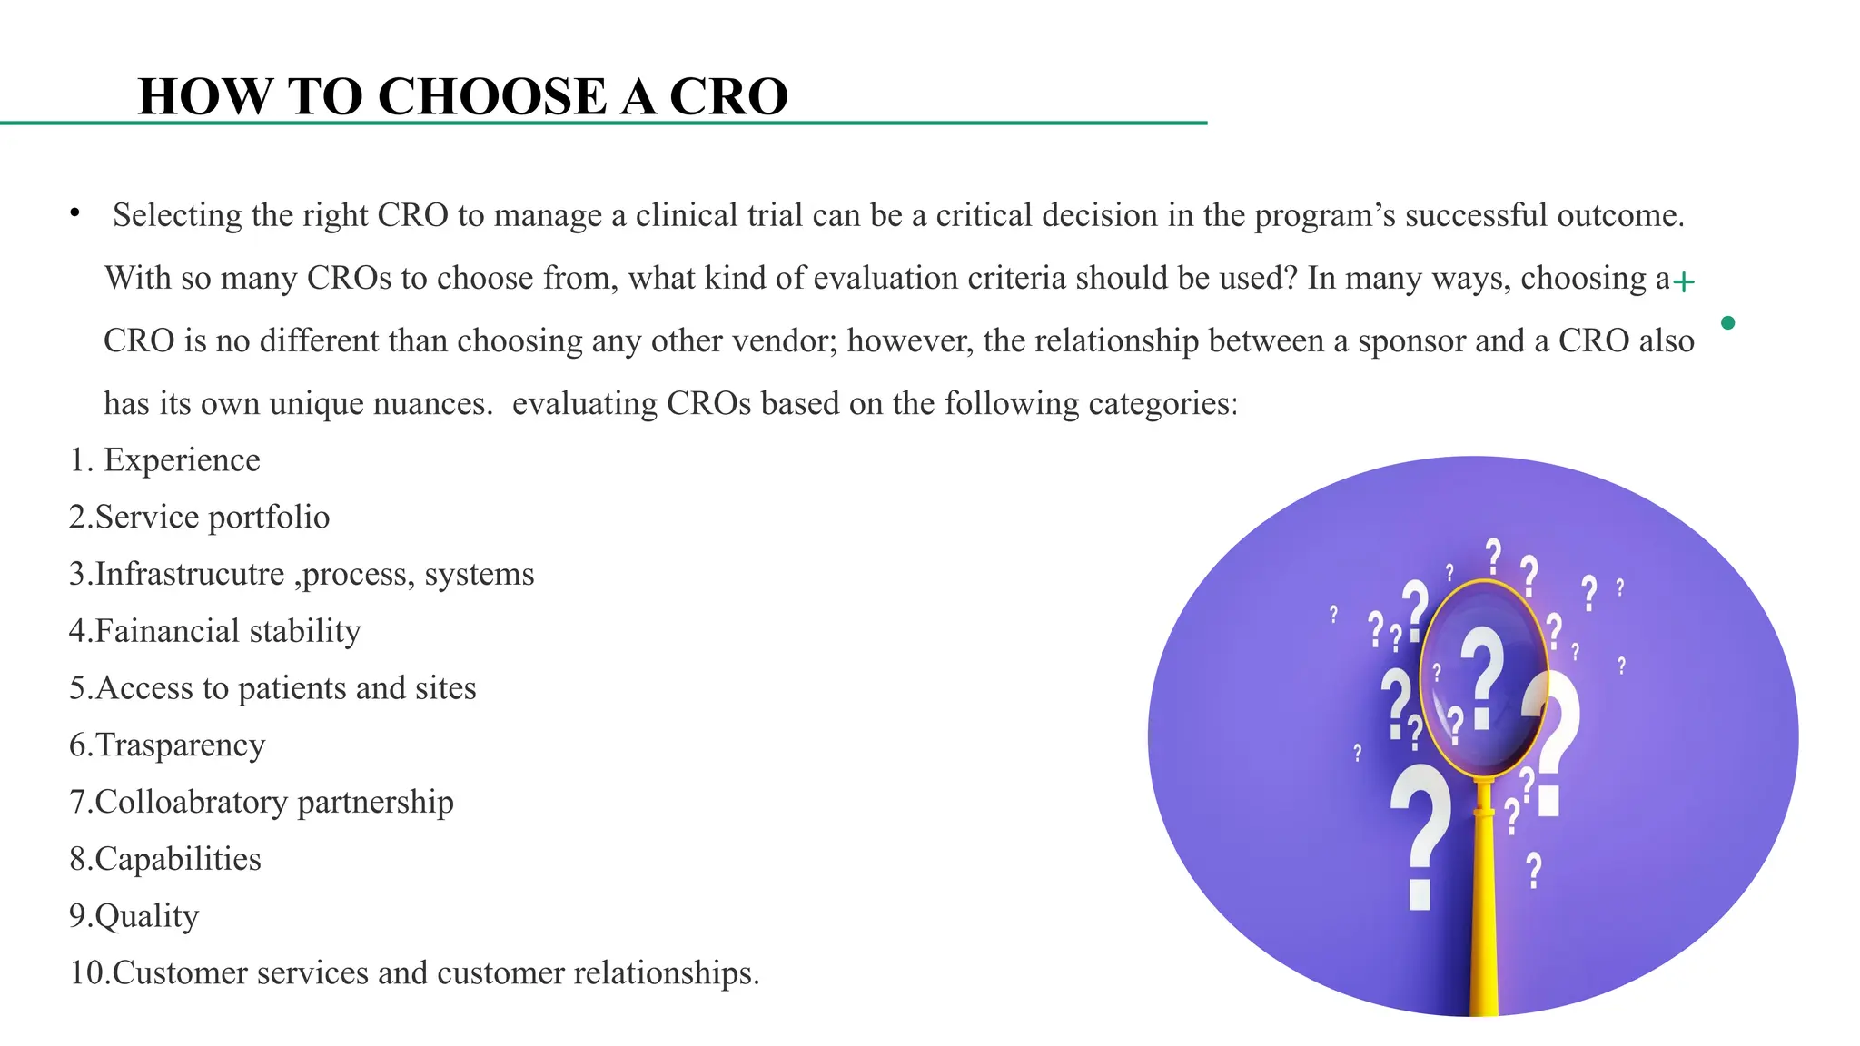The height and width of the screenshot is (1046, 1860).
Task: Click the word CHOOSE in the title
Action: pos(491,96)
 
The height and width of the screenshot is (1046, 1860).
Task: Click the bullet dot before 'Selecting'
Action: pos(75,213)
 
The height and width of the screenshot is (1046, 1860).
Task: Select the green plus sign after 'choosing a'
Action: pos(1684,282)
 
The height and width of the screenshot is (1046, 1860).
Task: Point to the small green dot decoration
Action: pos(1727,322)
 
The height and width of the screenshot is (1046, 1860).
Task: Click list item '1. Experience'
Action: pos(164,460)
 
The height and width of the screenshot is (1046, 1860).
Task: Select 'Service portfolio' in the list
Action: pos(212,518)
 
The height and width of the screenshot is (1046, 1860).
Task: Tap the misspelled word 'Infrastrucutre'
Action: pos(190,574)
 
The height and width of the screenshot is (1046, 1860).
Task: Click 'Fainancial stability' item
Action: pos(227,631)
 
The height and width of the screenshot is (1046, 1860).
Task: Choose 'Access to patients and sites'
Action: pos(285,688)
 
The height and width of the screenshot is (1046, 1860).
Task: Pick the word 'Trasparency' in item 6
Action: pos(180,745)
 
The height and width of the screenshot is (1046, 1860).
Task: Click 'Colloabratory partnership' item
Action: pos(273,802)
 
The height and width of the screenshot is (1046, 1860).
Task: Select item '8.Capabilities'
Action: pos(165,859)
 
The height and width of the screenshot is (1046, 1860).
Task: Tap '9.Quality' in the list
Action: pos(134,916)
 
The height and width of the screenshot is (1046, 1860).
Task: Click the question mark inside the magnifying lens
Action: pos(1482,676)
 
